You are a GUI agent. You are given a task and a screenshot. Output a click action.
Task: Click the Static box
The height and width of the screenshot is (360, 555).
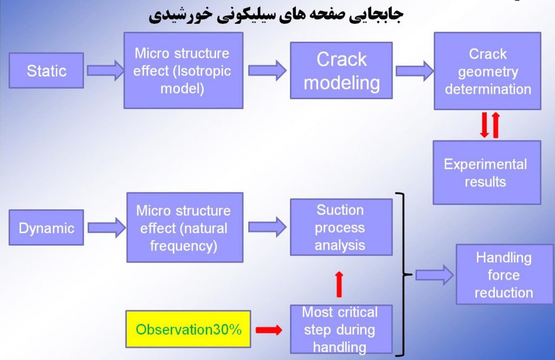click(x=47, y=70)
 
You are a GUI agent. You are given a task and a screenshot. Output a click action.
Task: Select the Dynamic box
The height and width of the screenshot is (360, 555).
click(x=47, y=227)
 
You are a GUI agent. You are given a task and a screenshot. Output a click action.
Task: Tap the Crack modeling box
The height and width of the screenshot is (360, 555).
click(x=341, y=70)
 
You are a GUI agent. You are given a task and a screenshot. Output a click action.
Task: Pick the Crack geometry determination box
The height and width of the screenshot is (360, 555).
click(x=487, y=71)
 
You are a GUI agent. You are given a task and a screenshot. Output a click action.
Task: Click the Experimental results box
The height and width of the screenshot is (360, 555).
click(x=487, y=172)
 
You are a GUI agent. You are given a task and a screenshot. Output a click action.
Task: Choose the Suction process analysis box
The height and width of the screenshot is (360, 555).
click(x=341, y=227)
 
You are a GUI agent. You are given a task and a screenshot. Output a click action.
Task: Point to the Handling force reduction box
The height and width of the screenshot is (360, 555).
click(x=505, y=274)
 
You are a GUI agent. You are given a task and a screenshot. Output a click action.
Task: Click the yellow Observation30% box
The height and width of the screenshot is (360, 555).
click(x=188, y=329)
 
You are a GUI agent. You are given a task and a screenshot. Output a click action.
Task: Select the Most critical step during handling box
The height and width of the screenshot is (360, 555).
click(x=341, y=329)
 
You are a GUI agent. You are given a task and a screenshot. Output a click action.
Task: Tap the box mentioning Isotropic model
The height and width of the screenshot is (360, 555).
click(x=183, y=70)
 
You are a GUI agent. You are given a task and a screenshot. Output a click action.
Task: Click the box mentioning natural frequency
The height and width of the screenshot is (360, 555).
click(x=185, y=227)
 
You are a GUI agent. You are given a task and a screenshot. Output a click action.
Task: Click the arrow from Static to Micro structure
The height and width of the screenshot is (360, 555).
click(x=106, y=70)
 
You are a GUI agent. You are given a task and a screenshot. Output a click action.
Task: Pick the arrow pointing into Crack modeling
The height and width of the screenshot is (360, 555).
click(x=267, y=70)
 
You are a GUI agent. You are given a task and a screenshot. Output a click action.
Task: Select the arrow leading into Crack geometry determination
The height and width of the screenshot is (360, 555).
click(x=415, y=71)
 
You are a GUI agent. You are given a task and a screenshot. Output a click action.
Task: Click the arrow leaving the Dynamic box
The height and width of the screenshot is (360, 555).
click(x=107, y=227)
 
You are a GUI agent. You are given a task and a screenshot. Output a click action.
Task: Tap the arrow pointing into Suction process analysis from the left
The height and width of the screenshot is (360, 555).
click(x=267, y=227)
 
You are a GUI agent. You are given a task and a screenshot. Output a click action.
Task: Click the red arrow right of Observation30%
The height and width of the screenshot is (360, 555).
click(x=269, y=330)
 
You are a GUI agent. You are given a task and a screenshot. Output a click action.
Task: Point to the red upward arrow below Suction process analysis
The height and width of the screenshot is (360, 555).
click(x=339, y=284)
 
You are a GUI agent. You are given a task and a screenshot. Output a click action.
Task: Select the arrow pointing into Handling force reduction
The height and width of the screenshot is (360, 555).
click(x=434, y=275)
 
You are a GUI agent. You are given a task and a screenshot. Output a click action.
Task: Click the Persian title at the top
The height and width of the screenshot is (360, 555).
click(x=276, y=15)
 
